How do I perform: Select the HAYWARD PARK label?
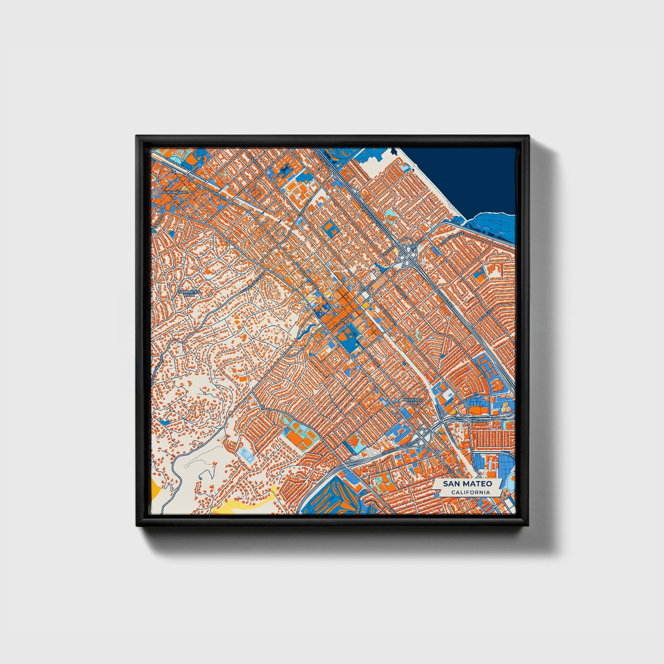point(412,401)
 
